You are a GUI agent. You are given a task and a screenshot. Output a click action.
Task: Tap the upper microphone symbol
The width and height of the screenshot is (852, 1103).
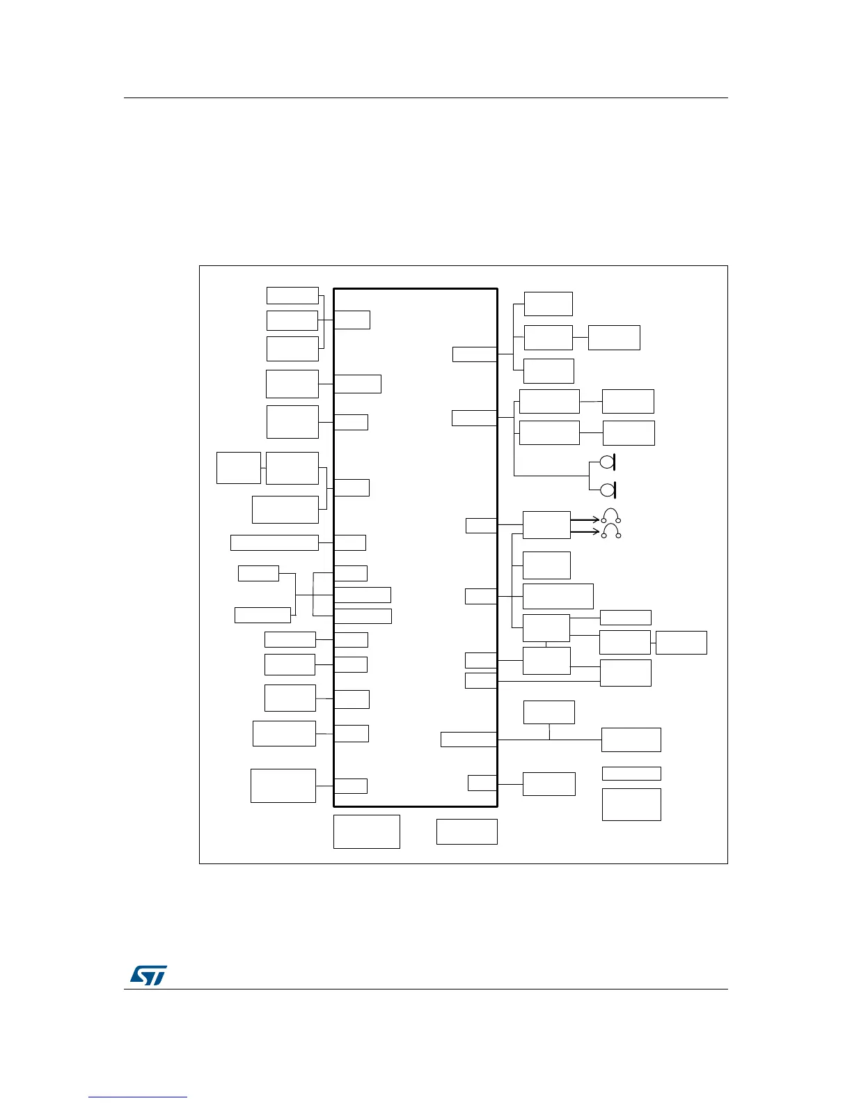coord(607,462)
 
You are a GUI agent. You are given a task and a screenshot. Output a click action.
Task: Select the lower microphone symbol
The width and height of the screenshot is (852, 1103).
coord(607,490)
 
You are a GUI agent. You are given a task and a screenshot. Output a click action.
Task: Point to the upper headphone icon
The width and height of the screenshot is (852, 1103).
coord(611,516)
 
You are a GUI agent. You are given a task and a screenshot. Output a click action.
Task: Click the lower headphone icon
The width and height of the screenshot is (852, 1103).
coord(611,531)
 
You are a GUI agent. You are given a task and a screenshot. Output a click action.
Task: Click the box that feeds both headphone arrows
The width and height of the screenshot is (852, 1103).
coord(546,524)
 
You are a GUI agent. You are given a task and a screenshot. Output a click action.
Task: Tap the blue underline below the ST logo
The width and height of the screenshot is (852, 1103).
coord(138,1098)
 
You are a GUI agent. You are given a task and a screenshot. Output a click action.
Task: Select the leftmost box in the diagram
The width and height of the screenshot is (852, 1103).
coord(239,467)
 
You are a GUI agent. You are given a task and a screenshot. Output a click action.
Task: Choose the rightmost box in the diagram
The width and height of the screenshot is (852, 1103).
coord(681,642)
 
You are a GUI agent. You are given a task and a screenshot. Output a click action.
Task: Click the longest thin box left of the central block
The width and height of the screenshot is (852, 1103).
coord(274,542)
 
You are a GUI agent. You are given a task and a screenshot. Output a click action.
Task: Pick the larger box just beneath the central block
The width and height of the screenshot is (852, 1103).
coord(367,831)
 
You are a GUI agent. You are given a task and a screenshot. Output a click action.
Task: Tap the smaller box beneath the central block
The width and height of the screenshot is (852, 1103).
coord(467,831)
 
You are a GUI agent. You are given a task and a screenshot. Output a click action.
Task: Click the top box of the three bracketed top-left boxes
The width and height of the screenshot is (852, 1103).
coord(292,295)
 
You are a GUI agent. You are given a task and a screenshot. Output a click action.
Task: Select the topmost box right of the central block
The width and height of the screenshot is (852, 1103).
coord(549,304)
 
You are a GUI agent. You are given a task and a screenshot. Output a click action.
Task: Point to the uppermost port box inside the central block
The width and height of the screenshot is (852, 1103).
coord(352,320)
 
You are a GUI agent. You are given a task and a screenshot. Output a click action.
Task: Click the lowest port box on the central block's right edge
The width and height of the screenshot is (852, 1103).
coord(482,783)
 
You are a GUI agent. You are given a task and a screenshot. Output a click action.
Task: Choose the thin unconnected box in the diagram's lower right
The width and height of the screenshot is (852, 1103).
coord(631,773)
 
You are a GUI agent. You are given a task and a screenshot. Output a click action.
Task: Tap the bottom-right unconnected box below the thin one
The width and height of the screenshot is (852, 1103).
coord(631,804)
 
